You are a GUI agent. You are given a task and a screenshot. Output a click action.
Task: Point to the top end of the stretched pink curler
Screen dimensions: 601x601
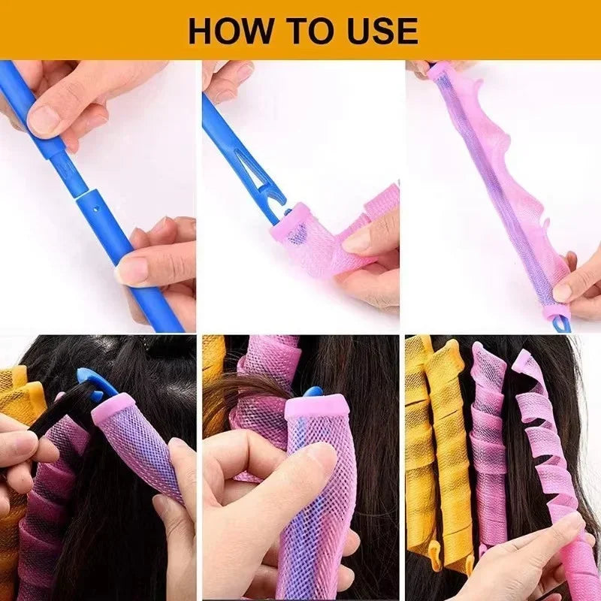[439, 71]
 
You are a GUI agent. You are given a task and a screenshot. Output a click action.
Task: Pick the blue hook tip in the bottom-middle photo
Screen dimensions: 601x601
[312, 392]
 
